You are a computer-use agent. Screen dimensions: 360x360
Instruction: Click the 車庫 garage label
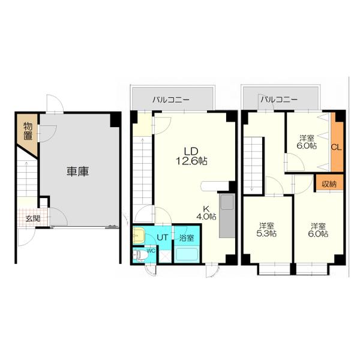[77, 172]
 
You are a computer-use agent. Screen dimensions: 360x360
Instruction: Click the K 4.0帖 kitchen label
[208, 212]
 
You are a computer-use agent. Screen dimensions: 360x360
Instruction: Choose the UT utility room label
[162, 238]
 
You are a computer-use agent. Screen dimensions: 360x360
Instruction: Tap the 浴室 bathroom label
[187, 238]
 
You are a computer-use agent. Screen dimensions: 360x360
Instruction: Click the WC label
[151, 251]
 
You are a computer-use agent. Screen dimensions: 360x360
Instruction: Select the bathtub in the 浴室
[187, 253]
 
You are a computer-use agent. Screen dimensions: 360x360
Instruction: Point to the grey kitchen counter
[227, 216]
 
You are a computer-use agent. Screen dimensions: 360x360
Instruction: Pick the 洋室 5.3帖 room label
[267, 230]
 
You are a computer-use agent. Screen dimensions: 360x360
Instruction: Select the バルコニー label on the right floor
[279, 99]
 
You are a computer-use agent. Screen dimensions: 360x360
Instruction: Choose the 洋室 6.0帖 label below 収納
[319, 230]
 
